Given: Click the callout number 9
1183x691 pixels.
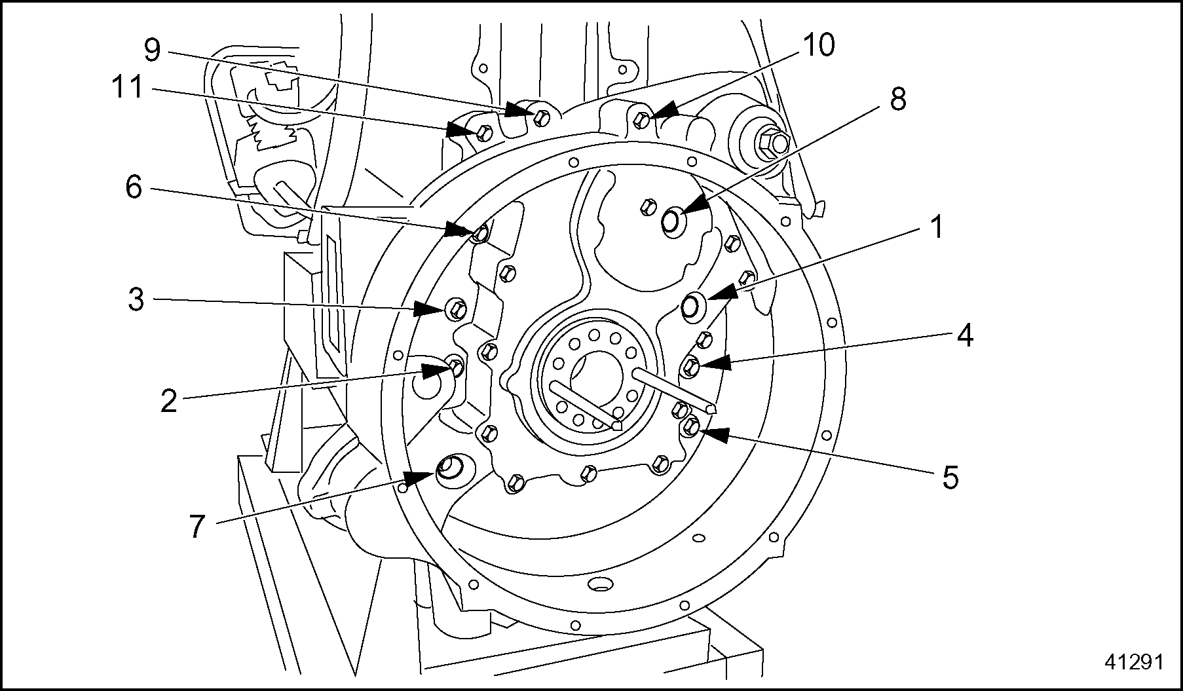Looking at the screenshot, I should pyautogui.click(x=152, y=50).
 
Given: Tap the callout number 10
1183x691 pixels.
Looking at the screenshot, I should pyautogui.click(x=818, y=45).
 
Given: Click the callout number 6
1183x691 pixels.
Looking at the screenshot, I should pyautogui.click(x=134, y=188).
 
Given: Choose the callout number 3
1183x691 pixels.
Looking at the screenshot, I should pyautogui.click(x=135, y=299).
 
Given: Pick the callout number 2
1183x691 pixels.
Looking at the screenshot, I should pyautogui.click(x=169, y=401).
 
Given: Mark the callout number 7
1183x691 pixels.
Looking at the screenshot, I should pyautogui.click(x=197, y=526).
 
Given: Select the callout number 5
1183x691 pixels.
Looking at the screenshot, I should pyautogui.click(x=950, y=477).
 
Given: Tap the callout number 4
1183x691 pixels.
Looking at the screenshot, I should pyautogui.click(x=964, y=335).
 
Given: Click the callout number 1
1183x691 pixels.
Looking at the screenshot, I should pyautogui.click(x=937, y=227).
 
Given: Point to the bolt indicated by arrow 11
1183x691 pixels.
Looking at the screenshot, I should pyautogui.click(x=483, y=134).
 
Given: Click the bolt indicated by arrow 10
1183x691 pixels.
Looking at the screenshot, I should pyautogui.click(x=641, y=120).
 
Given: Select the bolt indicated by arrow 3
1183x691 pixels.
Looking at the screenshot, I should pyautogui.click(x=457, y=307).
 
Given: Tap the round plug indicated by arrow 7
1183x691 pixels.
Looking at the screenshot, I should pyautogui.click(x=451, y=468).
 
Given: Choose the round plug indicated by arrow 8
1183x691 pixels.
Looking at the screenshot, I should pyautogui.click(x=671, y=221).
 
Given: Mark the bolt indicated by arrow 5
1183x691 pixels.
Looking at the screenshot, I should pyautogui.click(x=690, y=428).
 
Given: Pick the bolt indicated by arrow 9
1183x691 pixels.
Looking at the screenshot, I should pyautogui.click(x=540, y=117).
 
